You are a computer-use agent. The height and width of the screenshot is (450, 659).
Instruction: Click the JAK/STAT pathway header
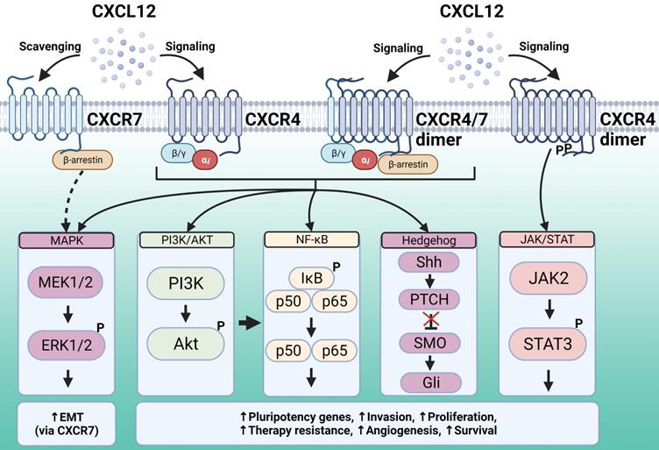click(547, 239)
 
